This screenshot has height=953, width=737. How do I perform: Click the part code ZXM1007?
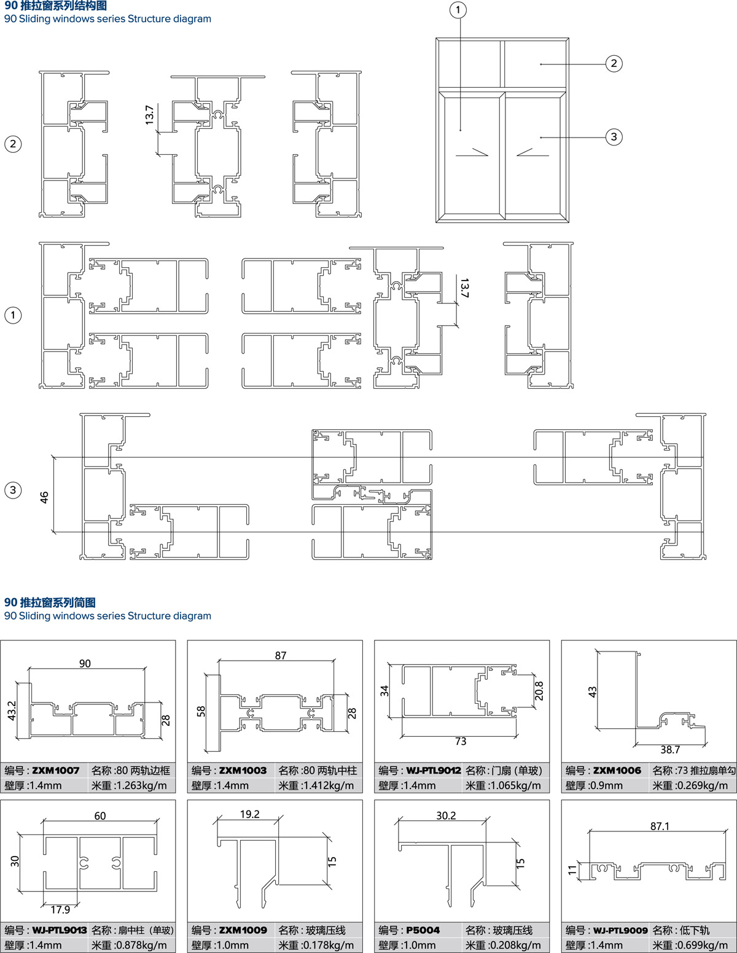pos(56,771)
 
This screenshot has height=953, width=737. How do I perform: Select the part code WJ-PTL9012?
pos(433,771)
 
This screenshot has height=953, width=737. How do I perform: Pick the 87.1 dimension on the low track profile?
pos(660,827)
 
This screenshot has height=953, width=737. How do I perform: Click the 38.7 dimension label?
pos(670,750)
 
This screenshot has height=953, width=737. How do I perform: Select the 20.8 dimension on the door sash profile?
pos(539,691)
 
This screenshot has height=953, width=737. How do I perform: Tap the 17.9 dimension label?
pos(60,909)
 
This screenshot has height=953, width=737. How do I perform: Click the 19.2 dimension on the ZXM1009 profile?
pos(250,814)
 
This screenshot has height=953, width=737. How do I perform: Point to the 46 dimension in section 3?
pos(44,497)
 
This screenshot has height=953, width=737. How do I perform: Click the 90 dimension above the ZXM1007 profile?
pos(85,664)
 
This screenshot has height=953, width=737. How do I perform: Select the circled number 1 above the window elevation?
pos(458,10)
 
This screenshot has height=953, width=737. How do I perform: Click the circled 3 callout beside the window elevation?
pos(614,137)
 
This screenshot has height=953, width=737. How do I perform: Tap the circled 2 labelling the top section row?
pos(13,144)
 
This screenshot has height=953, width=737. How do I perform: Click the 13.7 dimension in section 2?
pos(149,115)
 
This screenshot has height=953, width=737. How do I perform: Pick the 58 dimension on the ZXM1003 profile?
pos(201,711)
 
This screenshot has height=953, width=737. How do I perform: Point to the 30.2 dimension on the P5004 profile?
pos(446,815)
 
